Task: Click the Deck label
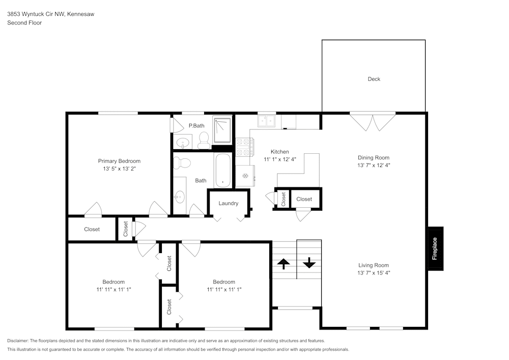pos(374,79)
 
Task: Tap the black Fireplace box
pos(435,248)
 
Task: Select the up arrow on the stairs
pos(284,263)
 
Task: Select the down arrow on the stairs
pos(309,263)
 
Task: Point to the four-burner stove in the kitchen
pos(245,147)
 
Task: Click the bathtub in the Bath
pos(223,170)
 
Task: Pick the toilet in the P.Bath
pos(204,139)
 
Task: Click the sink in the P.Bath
pos(182,142)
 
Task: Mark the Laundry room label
pos(229,203)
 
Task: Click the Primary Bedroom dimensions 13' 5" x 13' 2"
pos(119,168)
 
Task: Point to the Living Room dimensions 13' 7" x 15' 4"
pos(374,273)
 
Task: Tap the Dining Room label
pos(374,158)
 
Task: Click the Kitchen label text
pos(279,152)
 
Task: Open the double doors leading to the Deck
pos(374,121)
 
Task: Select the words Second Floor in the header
pos(24,23)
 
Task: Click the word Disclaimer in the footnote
pos(18,340)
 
